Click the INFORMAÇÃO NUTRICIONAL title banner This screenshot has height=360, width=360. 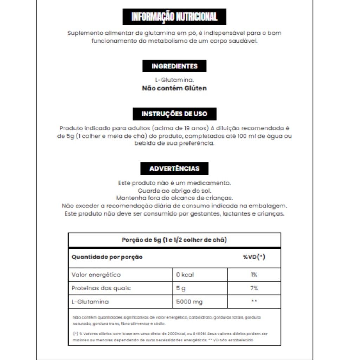174,17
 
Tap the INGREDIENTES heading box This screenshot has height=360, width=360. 174,66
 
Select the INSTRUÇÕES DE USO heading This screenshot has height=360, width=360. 174,114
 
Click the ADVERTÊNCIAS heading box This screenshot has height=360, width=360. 174,168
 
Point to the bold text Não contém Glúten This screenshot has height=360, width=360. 174,88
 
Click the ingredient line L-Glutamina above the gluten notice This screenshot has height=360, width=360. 174,80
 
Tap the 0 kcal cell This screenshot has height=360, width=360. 185,275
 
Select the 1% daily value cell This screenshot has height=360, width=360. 254,275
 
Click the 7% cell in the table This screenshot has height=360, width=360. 254,288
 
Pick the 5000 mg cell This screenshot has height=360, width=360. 189,302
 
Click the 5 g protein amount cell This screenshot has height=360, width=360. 181,288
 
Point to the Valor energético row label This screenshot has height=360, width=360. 96,275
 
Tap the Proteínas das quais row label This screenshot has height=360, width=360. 101,288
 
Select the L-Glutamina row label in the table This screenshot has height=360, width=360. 90,302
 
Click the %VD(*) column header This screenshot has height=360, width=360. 254,257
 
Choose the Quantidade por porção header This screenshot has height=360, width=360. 107,257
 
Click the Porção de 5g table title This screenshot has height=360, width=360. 174,240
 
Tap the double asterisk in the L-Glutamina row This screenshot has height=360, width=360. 254,302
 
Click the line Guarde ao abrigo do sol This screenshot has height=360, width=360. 174,191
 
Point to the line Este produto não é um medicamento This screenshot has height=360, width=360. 174,183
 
